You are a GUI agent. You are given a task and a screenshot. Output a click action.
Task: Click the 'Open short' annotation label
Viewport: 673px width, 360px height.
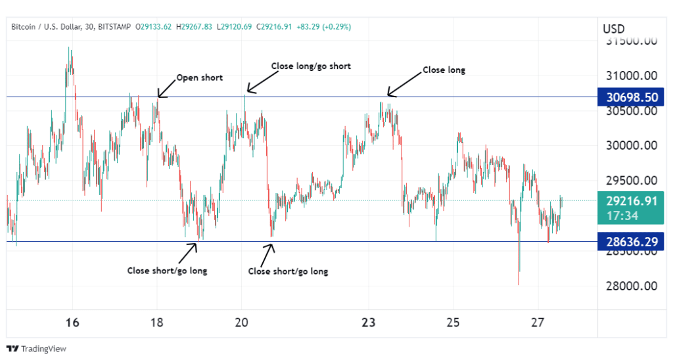(x=200, y=78)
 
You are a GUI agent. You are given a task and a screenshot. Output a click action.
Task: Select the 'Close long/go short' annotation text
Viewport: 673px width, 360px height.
(x=311, y=66)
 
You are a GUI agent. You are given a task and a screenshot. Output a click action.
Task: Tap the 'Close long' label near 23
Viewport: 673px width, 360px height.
(x=444, y=70)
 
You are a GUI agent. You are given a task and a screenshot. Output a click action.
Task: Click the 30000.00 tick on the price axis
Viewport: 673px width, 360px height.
(x=630, y=146)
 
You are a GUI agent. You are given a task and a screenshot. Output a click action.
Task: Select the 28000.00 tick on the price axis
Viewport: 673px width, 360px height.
(x=630, y=286)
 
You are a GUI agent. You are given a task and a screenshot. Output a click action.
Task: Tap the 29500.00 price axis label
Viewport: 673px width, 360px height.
(x=630, y=181)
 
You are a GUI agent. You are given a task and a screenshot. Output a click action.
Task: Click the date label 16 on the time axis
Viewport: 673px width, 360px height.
(x=72, y=323)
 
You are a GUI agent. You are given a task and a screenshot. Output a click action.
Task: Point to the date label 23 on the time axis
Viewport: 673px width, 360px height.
(x=368, y=323)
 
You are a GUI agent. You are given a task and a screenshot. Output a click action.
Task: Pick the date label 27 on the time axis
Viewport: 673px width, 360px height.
(x=538, y=323)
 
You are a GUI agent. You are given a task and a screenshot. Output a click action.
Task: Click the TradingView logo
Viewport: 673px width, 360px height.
(x=37, y=348)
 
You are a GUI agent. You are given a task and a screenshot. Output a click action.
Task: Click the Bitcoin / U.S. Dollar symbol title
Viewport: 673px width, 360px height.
(x=46, y=27)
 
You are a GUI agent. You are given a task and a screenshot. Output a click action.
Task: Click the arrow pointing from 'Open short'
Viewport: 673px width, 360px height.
(x=167, y=89)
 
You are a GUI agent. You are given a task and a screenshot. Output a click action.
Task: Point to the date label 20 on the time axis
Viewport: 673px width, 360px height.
(x=242, y=323)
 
